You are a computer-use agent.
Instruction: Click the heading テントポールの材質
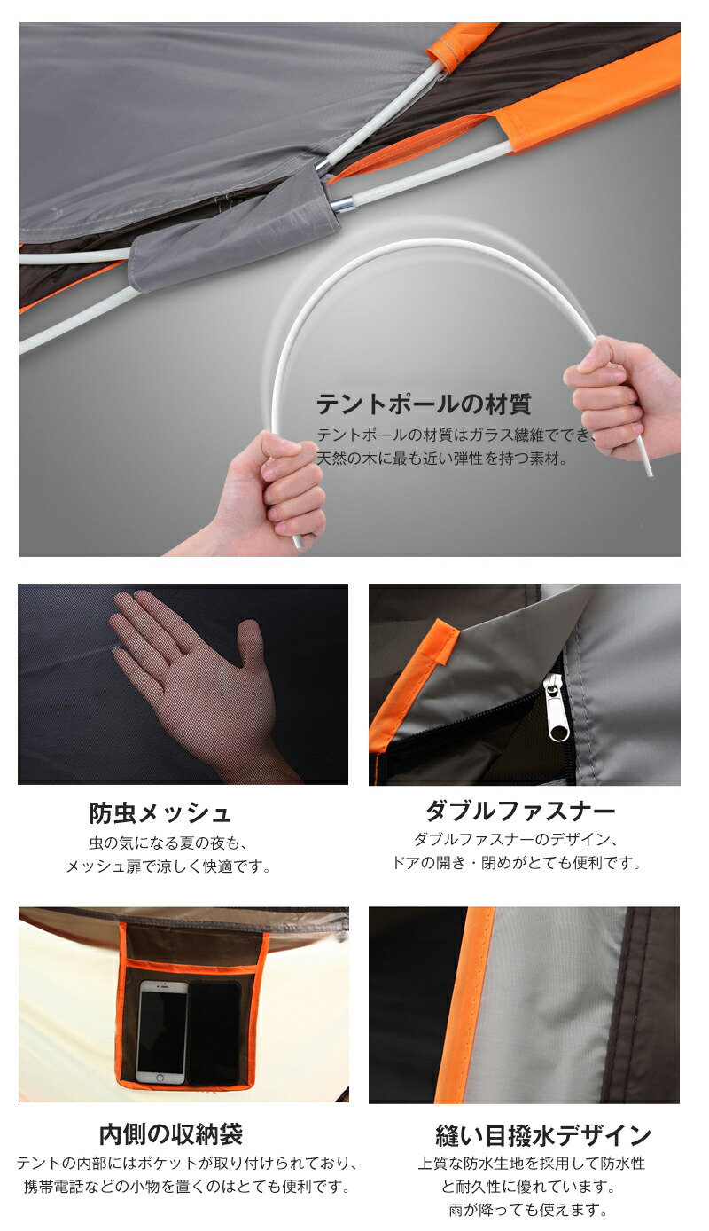point(424,404)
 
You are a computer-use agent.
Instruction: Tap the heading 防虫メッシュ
point(160,813)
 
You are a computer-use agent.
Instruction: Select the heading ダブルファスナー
point(520,810)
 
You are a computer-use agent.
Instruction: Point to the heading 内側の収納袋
point(171,1133)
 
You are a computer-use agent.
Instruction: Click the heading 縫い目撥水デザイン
point(543,1136)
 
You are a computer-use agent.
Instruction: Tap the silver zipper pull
point(555,709)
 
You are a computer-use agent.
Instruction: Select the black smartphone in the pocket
point(214,1033)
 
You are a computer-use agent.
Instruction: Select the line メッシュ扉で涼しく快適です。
point(168,866)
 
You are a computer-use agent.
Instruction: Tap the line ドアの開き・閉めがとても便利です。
point(517,862)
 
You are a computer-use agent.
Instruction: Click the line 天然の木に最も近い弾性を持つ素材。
point(442,459)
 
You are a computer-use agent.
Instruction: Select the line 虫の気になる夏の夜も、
point(168,843)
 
